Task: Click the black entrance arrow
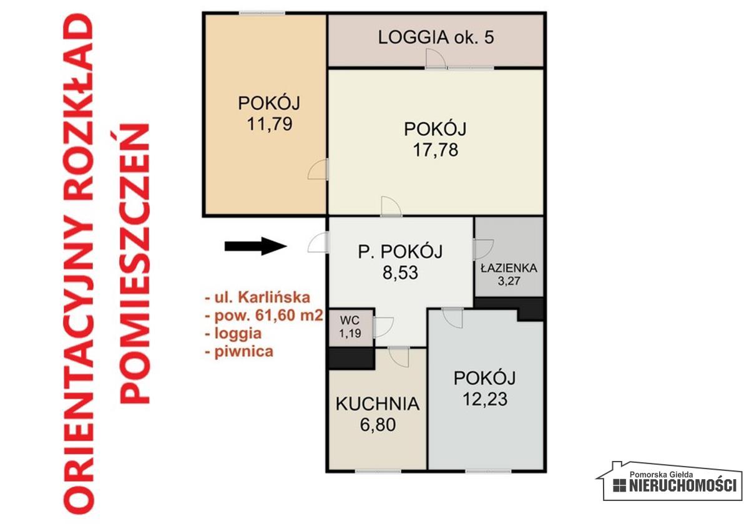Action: tap(256, 246)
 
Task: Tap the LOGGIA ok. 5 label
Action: tap(436, 37)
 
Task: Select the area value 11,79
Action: tap(270, 124)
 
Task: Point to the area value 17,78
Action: tap(436, 150)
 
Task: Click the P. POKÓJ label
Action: tap(400, 251)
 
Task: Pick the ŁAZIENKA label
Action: tap(509, 268)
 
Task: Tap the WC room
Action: tap(350, 328)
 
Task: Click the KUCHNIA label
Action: tap(378, 404)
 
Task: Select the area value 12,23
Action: tap(485, 399)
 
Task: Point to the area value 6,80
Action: tap(378, 424)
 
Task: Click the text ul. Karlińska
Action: tap(257, 298)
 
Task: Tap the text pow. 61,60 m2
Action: tap(264, 316)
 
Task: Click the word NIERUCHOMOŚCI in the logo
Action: tap(683, 485)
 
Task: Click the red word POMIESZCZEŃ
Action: tap(134, 263)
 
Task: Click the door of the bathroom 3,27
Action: tap(483, 249)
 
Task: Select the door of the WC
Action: tap(383, 327)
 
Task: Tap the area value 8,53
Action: tap(400, 273)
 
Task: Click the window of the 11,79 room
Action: tap(262, 13)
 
